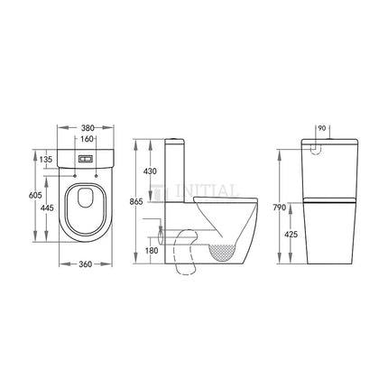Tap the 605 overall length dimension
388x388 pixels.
(32, 195)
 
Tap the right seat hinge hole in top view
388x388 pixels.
(97, 175)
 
